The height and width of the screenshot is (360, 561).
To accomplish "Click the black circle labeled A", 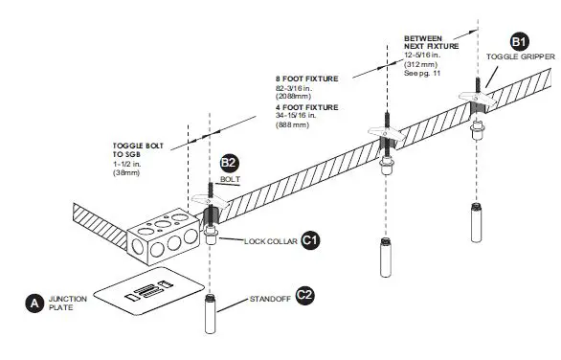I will click(x=33, y=304).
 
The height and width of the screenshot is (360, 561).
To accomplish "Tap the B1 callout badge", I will click(x=518, y=42).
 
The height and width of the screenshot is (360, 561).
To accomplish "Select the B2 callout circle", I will click(x=230, y=164).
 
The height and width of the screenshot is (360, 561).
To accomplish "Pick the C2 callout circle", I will click(x=304, y=296).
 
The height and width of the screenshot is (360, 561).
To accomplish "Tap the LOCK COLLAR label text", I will click(x=267, y=241).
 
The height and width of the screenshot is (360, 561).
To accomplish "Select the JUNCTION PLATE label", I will click(x=67, y=304).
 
